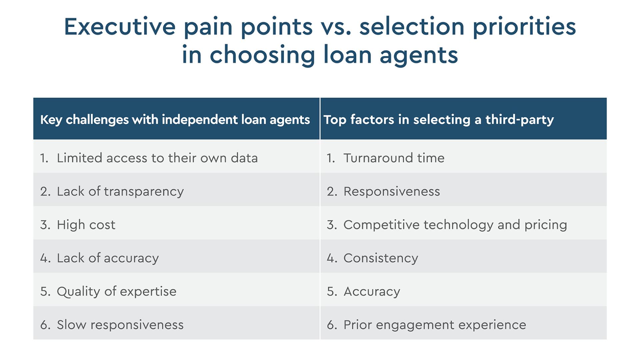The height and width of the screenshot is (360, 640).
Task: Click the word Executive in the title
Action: [x=119, y=27]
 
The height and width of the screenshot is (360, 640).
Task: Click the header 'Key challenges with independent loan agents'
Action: [x=175, y=119]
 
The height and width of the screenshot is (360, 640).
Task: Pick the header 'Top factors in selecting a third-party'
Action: [x=438, y=119]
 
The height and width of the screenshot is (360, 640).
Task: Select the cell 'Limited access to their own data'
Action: [x=157, y=158]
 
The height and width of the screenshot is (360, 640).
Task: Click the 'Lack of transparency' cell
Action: [x=120, y=191]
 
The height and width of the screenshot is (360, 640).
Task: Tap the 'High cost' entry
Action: [x=86, y=225]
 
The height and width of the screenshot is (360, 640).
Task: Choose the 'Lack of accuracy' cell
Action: [x=108, y=258]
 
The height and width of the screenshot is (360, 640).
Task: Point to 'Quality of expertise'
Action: [x=116, y=291]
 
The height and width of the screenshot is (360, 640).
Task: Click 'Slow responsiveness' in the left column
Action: [x=120, y=325]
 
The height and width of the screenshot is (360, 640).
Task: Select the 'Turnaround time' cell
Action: [x=394, y=158]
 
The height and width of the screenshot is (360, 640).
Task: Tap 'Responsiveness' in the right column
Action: [x=392, y=191]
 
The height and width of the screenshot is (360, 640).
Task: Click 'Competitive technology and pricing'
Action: [x=455, y=225]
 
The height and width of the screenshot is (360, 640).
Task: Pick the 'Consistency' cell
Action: [x=381, y=258]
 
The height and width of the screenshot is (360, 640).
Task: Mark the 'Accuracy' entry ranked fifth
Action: [x=372, y=291]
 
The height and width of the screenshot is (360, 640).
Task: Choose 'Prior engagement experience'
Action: [x=435, y=325]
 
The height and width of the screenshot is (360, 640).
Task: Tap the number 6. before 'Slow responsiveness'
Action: [x=45, y=325]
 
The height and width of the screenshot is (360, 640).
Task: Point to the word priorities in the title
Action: [x=524, y=27]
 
